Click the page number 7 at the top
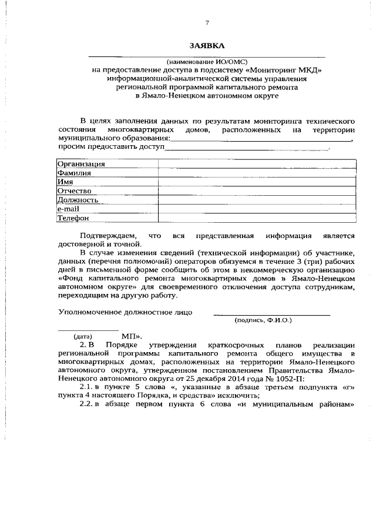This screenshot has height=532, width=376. [x=207, y=23]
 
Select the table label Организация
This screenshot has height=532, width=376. [x=81, y=164]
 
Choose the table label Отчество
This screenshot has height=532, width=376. [x=74, y=191]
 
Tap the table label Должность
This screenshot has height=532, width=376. [x=78, y=200]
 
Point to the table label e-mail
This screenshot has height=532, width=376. [x=68, y=209]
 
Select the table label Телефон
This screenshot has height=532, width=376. [x=73, y=218]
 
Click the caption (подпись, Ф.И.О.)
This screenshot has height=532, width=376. [x=263, y=320]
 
